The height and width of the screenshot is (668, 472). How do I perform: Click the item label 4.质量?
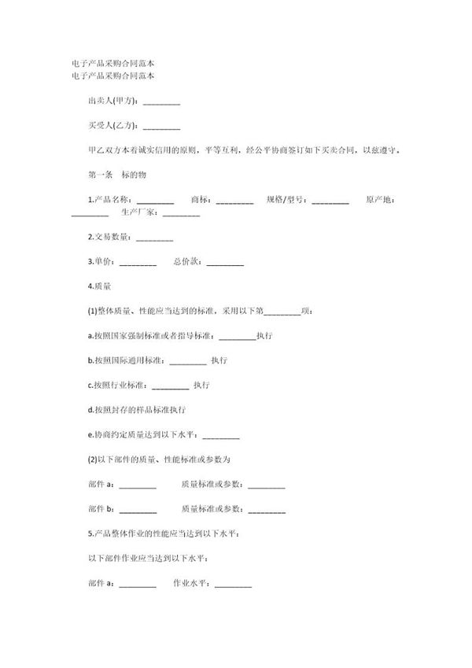[x=98, y=287]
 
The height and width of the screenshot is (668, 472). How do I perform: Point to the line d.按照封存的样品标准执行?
[x=135, y=411]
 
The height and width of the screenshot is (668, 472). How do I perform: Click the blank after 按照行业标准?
[x=170, y=386]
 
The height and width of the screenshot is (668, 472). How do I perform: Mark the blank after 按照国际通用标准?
[x=188, y=361]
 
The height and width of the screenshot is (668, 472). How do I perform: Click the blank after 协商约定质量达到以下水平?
[x=221, y=435]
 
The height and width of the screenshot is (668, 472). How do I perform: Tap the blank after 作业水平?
[x=233, y=584]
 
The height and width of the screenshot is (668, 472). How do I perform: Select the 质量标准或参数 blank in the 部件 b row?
[x=267, y=510]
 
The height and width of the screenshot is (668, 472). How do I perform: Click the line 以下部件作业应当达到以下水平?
[x=148, y=559]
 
